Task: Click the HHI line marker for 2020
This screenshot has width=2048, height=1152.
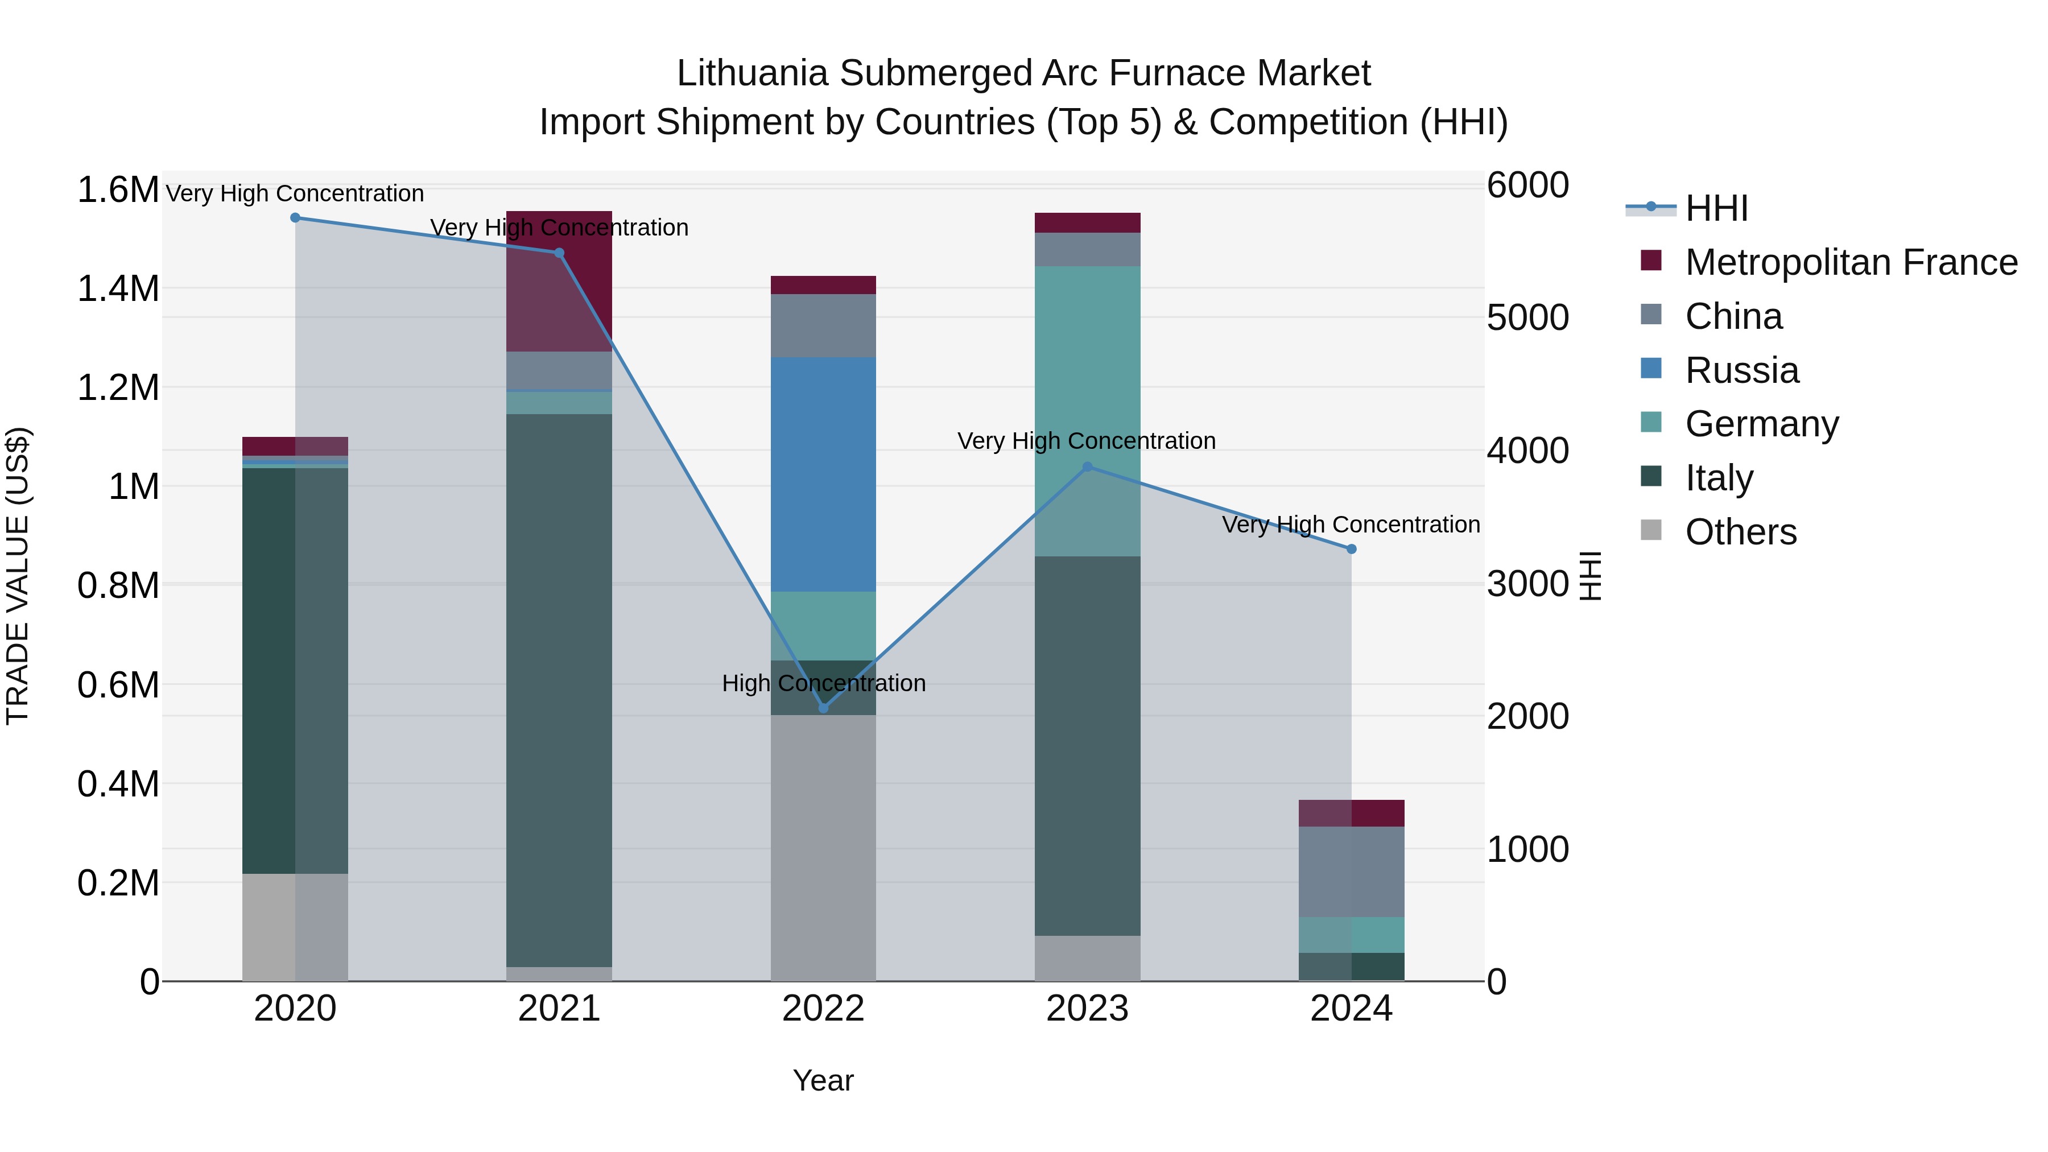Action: click(295, 218)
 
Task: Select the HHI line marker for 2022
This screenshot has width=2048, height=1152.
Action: click(824, 708)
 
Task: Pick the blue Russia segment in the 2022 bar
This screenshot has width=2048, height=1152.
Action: click(824, 474)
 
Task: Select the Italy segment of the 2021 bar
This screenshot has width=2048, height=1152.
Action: click(559, 690)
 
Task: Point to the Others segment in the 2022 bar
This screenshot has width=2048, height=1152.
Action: click(824, 848)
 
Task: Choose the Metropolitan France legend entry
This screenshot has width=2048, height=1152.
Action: click(1851, 262)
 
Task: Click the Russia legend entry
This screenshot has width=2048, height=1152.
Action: click(1741, 370)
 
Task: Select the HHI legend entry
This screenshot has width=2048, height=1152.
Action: click(1716, 208)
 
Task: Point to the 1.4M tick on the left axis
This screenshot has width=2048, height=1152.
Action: click(118, 288)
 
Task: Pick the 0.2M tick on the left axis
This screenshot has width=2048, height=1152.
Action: click(118, 882)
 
